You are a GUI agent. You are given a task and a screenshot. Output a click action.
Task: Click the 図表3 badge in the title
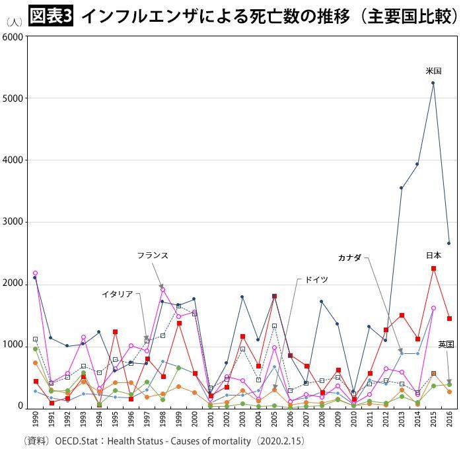[50, 15]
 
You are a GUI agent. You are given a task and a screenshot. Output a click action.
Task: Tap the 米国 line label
[433, 71]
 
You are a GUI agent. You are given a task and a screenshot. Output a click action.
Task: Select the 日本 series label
[433, 255]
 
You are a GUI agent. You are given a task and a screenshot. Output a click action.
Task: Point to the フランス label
[153, 255]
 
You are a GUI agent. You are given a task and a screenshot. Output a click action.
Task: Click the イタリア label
[118, 294]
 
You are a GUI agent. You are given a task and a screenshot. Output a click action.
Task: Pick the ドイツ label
[316, 279]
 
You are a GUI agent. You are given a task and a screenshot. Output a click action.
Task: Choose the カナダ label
[349, 257]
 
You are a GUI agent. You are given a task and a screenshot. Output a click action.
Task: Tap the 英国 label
[446, 344]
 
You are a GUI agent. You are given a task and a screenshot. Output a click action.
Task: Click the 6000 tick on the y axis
[15, 36]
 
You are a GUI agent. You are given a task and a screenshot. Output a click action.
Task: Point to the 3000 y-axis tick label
[15, 222]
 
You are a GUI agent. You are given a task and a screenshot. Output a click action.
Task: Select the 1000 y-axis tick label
[15, 345]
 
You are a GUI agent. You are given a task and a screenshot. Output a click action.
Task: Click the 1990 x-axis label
[35, 419]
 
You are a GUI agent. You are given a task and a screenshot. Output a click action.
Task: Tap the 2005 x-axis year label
[274, 419]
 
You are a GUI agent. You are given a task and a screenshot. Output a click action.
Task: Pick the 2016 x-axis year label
[449, 419]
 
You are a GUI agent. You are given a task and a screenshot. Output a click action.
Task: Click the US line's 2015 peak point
[433, 83]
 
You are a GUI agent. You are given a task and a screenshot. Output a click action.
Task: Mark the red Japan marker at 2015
[433, 269]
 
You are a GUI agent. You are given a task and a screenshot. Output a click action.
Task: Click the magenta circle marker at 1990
[35, 273]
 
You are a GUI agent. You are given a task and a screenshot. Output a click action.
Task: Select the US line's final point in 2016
[449, 243]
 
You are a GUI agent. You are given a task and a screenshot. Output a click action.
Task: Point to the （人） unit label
[15, 22]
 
